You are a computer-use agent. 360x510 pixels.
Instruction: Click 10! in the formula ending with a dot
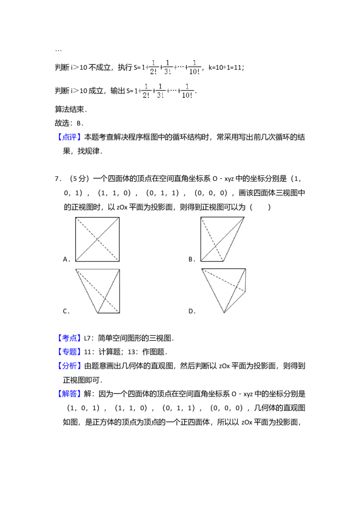point(194,71)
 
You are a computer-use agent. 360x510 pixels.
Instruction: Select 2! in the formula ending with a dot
point(154,71)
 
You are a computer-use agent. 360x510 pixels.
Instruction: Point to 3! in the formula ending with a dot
point(167,71)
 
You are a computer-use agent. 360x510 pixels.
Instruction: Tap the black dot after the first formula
point(203,70)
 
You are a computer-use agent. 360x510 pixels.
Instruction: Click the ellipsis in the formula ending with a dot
point(179,67)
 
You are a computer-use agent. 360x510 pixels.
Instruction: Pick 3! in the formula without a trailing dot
point(160,95)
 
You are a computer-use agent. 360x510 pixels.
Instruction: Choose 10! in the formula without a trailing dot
point(187,95)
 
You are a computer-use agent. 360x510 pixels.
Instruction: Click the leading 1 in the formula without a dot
point(136,91)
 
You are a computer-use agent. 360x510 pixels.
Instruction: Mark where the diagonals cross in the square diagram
point(97,239)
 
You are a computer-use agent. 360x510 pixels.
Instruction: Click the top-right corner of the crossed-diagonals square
point(119,218)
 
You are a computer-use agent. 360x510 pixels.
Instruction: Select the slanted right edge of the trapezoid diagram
point(234,239)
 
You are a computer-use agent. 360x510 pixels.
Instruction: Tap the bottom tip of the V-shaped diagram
point(98,312)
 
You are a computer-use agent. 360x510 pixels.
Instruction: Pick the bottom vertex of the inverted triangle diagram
point(224,313)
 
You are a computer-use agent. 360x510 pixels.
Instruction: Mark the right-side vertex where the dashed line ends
point(246,291)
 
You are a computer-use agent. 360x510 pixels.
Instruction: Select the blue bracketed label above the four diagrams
point(69,137)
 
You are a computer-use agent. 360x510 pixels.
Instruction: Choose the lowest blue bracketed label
point(69,394)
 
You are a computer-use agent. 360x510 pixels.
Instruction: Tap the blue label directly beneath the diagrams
point(69,338)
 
